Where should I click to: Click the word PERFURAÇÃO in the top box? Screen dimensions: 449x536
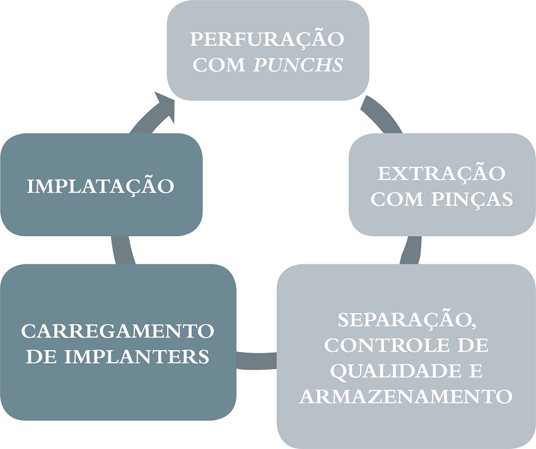[x=267, y=39]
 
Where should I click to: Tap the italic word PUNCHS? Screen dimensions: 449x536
[x=298, y=64]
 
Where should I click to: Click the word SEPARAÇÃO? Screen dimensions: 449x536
[x=406, y=319]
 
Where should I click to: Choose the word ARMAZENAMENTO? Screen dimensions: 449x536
[x=405, y=397]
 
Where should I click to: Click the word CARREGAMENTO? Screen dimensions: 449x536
[x=118, y=331]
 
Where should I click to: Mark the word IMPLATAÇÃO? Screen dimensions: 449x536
[x=101, y=186]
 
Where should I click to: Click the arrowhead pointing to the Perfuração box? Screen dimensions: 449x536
[x=166, y=102]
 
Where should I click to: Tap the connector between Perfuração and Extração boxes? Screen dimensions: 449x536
[x=383, y=115]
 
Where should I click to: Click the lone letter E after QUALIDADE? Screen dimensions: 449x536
[x=475, y=371]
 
